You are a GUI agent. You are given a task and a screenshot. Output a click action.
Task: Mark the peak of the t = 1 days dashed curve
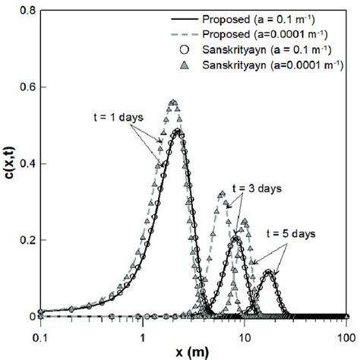point(172,102)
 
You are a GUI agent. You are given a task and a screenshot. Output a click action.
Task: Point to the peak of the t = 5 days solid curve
point(268,271)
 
